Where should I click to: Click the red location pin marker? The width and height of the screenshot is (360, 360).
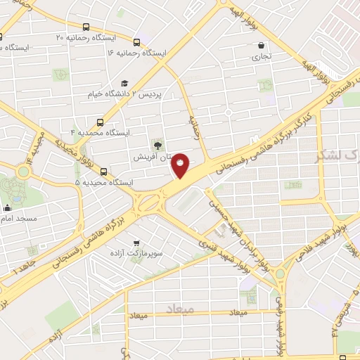tap(180, 165)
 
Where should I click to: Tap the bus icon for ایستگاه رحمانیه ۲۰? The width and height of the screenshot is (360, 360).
tap(86, 26)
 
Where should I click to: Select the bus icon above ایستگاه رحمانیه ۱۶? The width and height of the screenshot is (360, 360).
tap(136, 43)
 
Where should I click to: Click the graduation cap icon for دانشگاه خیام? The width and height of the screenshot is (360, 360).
tap(125, 84)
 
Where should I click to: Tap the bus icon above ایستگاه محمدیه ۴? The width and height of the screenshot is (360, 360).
tap(101, 122)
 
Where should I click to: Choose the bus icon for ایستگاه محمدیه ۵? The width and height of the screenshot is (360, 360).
tap(104, 172)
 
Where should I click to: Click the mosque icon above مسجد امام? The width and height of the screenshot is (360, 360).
tap(7, 207)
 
